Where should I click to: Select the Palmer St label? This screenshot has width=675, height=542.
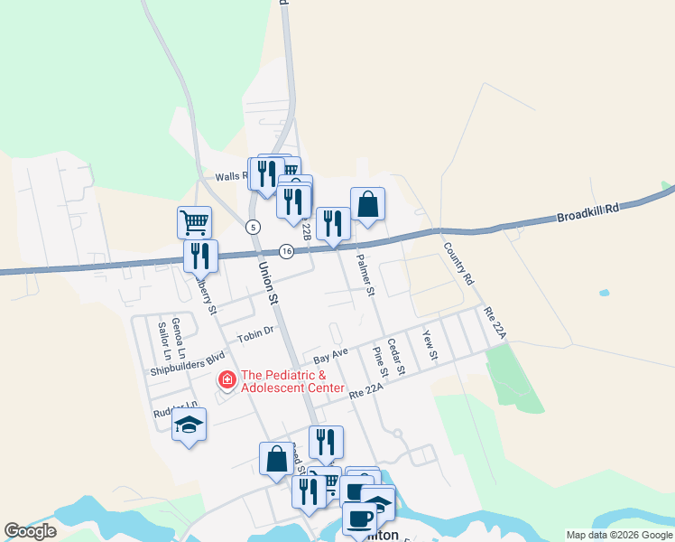click(365, 275)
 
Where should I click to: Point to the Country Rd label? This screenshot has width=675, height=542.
click(458, 263)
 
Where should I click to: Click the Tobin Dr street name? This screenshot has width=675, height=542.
click(254, 335)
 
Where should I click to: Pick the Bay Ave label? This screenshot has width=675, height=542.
click(330, 356)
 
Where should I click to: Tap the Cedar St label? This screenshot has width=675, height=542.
click(395, 357)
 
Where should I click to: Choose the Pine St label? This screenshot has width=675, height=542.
click(380, 361)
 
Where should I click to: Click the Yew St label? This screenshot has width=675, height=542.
click(429, 345)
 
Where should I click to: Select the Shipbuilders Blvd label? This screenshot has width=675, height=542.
click(187, 361)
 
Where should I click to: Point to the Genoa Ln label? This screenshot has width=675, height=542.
click(179, 324)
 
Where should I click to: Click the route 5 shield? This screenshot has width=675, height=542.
click(253, 226)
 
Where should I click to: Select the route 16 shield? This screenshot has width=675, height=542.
click(286, 251)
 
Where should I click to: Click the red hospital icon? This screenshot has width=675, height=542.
click(227, 379)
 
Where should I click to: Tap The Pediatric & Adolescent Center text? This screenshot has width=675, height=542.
click(293, 381)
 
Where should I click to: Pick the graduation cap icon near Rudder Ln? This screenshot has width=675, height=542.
click(189, 424)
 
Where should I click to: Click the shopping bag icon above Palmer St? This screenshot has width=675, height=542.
click(367, 204)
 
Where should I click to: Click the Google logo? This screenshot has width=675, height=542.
click(31, 530)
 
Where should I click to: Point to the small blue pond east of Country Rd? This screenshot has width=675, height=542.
click(604, 293)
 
